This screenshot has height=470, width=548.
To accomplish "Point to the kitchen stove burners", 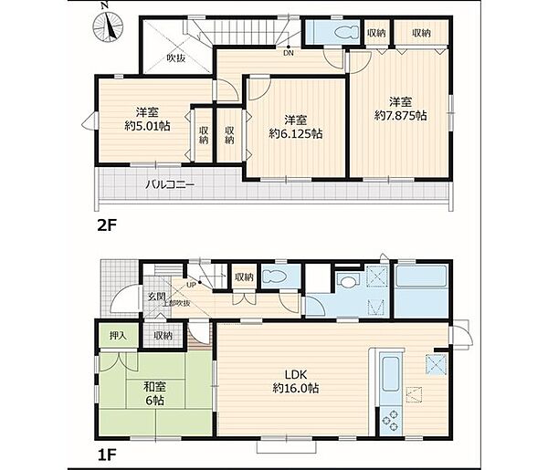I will pyautogui.click(x=392, y=421).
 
